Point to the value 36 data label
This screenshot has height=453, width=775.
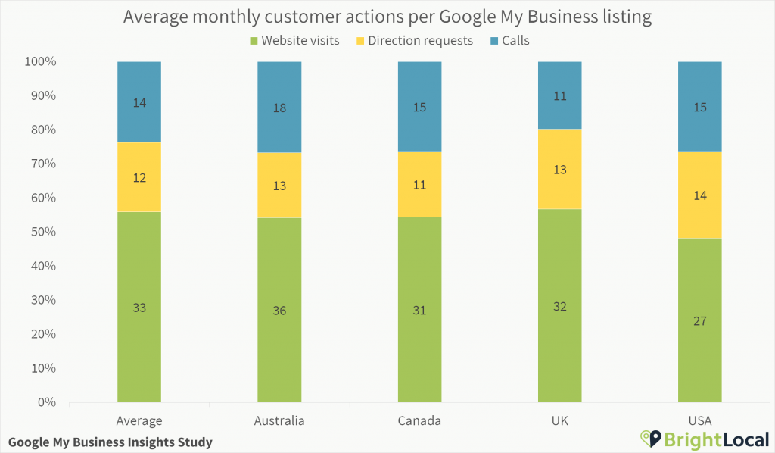(x=279, y=311)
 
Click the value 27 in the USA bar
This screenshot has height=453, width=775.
(x=699, y=321)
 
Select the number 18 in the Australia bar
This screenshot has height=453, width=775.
(x=279, y=108)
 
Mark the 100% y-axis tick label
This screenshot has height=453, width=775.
(x=40, y=61)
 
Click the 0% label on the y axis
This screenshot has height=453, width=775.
(x=46, y=402)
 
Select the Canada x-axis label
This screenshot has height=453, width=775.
(x=419, y=420)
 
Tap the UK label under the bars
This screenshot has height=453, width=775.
(x=559, y=420)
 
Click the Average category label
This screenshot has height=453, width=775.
(x=139, y=420)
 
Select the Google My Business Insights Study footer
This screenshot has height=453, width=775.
(x=110, y=442)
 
